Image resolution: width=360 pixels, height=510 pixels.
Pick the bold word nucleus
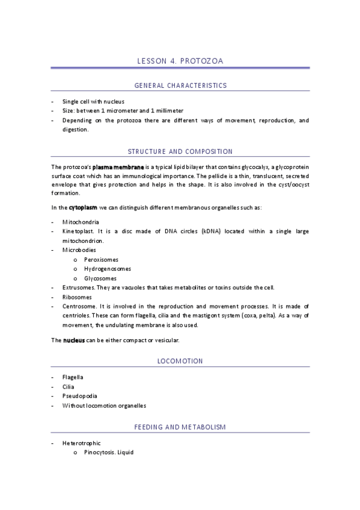point(74,340)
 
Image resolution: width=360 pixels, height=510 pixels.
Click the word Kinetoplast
point(78,231)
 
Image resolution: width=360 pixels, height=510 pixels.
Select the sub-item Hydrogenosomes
point(108,268)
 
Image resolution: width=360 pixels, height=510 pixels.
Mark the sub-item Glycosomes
point(100,278)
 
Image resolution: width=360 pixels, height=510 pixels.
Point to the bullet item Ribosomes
point(77,296)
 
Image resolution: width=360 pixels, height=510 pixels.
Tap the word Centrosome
point(79,306)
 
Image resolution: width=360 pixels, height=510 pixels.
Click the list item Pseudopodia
point(79,396)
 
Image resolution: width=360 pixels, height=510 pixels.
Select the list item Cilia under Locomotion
point(69,387)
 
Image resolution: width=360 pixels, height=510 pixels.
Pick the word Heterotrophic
point(81,443)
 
